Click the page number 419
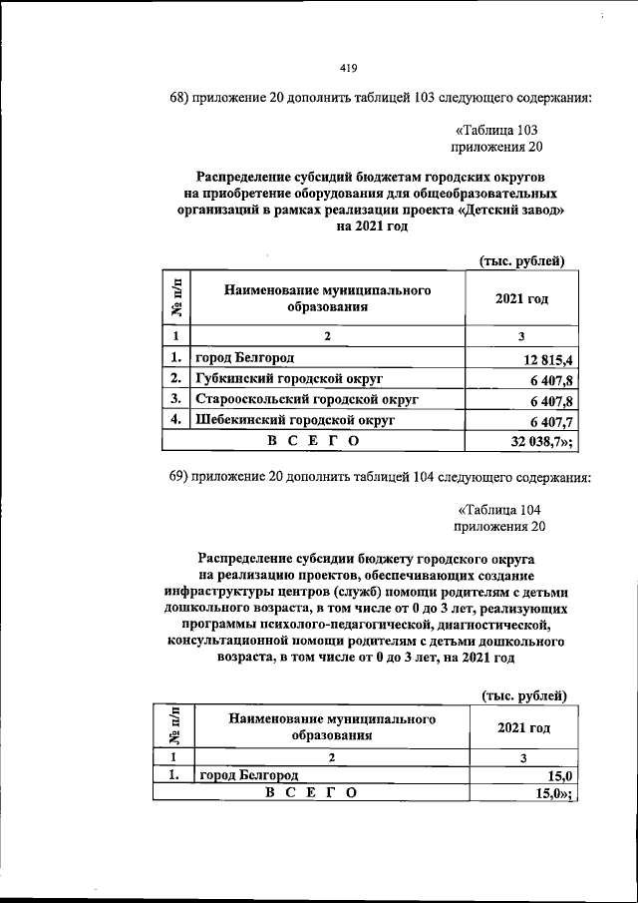coord(348,68)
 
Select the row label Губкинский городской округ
coord(288,378)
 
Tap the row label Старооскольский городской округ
coord(305,399)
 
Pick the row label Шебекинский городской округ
coord(294,420)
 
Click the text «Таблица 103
coord(496,130)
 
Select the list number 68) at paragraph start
coord(181,98)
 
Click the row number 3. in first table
coord(174,399)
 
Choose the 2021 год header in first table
coord(521,298)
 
